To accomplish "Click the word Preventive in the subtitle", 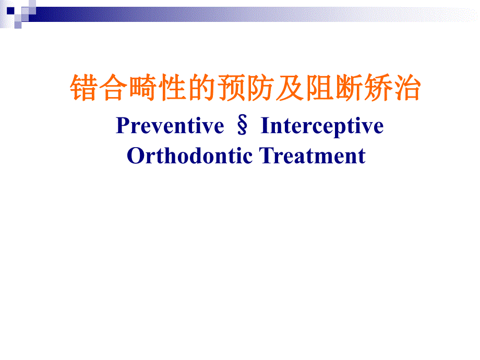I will coord(170,126).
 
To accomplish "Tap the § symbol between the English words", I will coord(242,126).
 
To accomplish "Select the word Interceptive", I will coord(322,126).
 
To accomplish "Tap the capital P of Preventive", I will coord(122,126).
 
